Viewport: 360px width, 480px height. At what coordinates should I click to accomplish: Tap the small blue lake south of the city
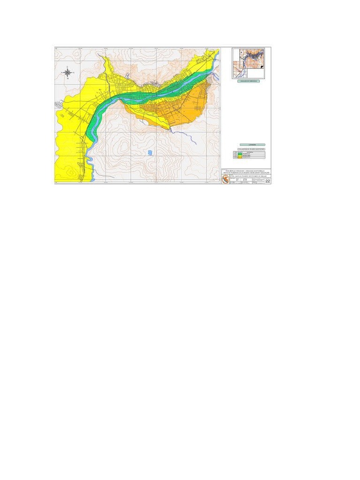[x=150, y=152]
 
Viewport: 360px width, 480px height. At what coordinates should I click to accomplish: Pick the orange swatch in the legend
[x=239, y=157]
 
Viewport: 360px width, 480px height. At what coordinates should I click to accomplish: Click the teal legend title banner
[x=252, y=145]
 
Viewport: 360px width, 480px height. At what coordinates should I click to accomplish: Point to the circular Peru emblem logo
[x=225, y=180]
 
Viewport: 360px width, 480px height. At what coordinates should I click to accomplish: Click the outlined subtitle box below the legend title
[x=252, y=149]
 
